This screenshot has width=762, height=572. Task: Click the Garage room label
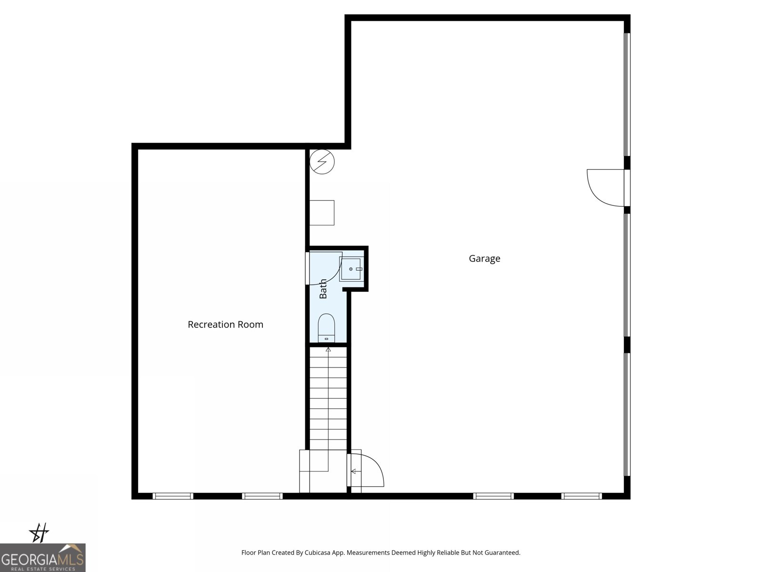click(484, 258)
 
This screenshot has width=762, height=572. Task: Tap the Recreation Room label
click(225, 325)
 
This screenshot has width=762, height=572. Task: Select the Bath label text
click(323, 289)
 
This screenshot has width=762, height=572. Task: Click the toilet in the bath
click(327, 328)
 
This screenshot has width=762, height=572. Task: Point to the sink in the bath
click(351, 269)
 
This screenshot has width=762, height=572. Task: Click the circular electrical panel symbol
click(322, 162)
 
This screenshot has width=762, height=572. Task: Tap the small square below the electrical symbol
click(322, 213)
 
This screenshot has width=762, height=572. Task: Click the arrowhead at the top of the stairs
click(328, 350)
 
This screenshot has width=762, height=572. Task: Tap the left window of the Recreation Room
click(173, 496)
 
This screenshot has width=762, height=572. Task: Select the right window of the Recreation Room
click(262, 496)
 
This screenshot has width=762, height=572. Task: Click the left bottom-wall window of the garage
click(493, 496)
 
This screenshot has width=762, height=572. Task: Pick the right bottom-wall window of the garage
click(582, 496)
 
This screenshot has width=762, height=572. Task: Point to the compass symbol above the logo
click(39, 532)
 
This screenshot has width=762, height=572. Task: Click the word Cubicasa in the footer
click(318, 553)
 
